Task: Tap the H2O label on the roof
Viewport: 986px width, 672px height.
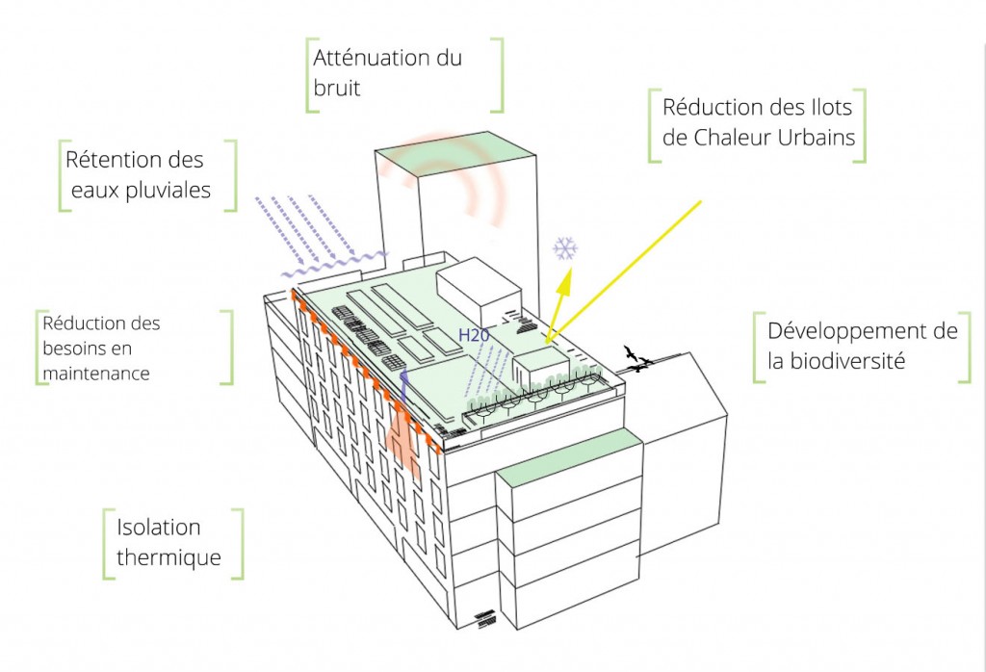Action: point(473,335)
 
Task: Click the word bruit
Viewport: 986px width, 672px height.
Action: point(337,89)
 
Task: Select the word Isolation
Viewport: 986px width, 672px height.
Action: point(159,528)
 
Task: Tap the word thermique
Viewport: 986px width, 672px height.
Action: point(169,557)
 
